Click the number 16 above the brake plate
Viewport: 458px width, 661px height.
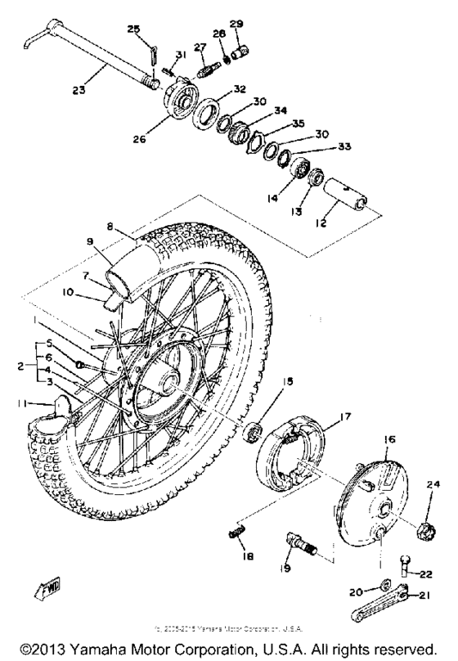390,439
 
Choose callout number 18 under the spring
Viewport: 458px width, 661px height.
248,557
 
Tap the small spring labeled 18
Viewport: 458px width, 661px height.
237,534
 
